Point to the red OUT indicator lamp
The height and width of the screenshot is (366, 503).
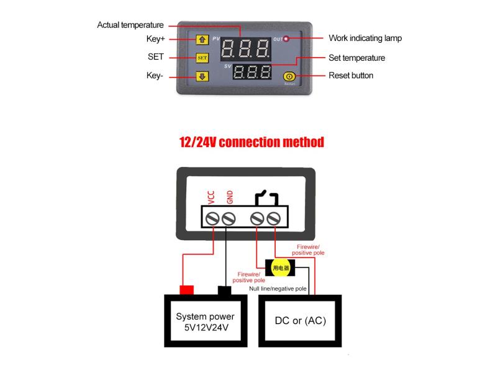tap(286, 39)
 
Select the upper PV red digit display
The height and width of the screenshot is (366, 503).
tap(247, 48)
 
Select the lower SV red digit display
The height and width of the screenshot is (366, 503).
tap(252, 73)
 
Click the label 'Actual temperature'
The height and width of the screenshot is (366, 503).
tap(130, 25)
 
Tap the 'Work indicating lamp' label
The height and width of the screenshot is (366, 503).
tap(365, 38)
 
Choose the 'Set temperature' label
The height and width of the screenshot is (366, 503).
tap(356, 58)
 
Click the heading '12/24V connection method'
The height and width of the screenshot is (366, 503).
tap(251, 142)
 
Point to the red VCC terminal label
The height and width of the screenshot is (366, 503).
tap(212, 197)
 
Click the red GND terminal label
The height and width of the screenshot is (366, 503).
tap(229, 197)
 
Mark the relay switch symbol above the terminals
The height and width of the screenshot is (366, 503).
tap(266, 198)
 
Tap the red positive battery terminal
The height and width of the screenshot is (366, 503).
tap(186, 290)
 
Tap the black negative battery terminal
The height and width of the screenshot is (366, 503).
tap(224, 290)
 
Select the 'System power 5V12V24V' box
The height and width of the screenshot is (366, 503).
tap(205, 321)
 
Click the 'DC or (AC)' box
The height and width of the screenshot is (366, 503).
tap(300, 321)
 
